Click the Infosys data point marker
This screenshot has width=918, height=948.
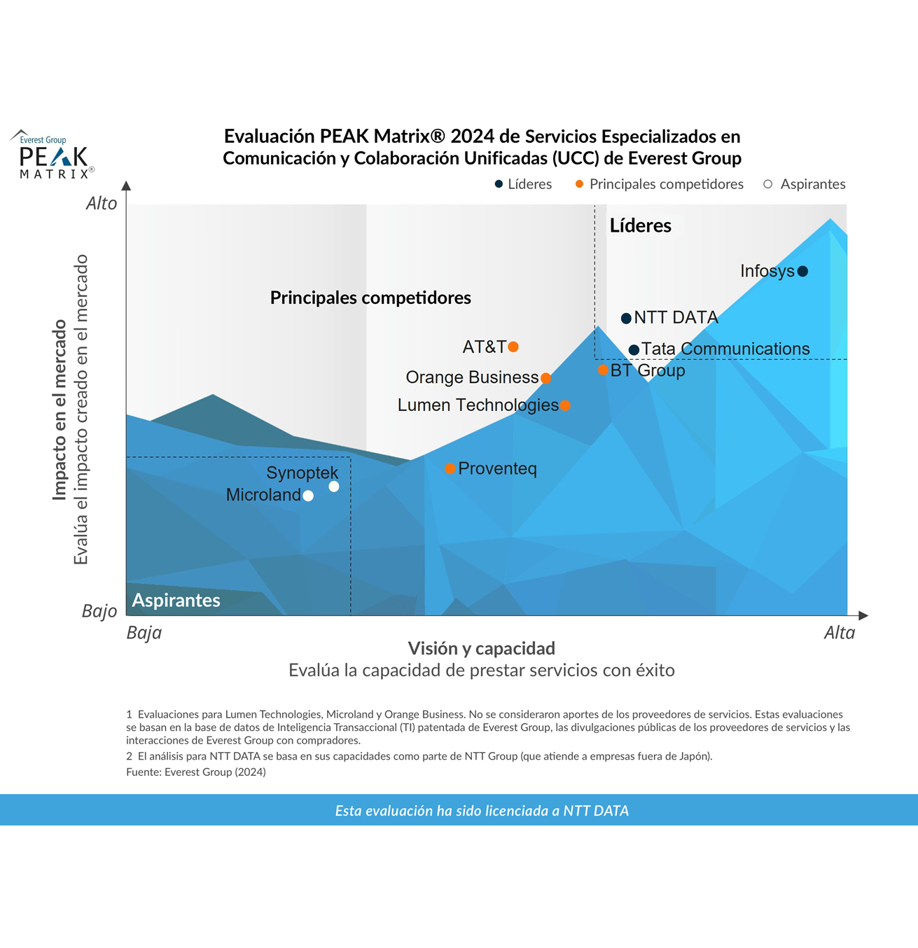pos(802,271)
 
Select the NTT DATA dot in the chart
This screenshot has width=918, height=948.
pos(626,319)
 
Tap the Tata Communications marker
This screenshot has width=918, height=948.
pos(634,349)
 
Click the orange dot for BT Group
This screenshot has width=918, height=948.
pos(603,370)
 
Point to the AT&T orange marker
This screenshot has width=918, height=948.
pos(513,347)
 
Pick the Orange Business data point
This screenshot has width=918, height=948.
pos(546,378)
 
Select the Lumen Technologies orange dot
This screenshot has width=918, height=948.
pos(565,405)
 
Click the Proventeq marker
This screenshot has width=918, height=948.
pos(450,468)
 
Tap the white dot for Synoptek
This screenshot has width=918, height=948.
pos(334,487)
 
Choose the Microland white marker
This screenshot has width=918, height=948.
pos(308,496)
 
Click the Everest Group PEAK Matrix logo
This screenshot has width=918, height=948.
pos(53,155)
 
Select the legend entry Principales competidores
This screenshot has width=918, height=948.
pos(659,184)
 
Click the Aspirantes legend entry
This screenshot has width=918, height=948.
pos(805,184)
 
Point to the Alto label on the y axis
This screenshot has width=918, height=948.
pos(102,204)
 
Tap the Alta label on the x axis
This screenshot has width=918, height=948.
pos(839,633)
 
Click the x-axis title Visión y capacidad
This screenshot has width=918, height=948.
pos(481,648)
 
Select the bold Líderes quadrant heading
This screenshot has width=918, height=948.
pos(640,225)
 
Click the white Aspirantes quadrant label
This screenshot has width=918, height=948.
pos(176,600)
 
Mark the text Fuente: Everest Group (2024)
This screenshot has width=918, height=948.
pos(196,772)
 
